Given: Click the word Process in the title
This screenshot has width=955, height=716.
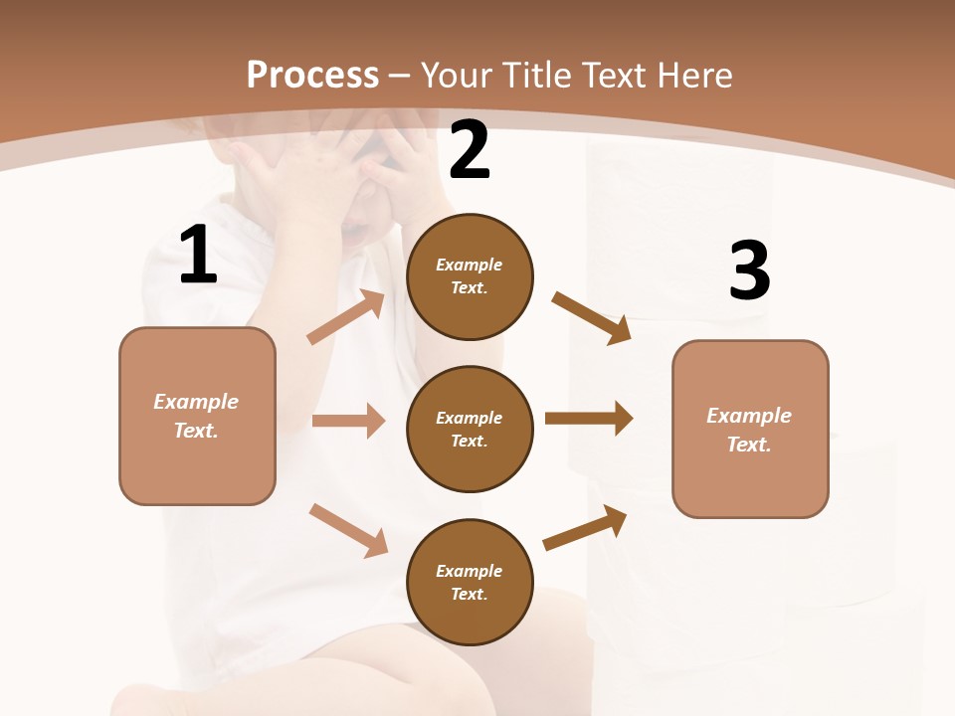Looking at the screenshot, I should click(312, 76).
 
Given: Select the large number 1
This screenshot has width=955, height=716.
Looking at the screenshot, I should click(198, 256).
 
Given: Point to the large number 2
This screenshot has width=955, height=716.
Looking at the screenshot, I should click(470, 151).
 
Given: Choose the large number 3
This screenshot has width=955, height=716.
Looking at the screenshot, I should click(749, 271).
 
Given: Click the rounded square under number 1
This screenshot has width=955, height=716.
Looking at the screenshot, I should click(197, 416).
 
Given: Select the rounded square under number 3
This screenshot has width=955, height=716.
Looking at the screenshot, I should click(750, 430).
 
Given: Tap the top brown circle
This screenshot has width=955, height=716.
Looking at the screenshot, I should click(470, 276).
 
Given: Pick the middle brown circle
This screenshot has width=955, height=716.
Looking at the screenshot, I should click(470, 430).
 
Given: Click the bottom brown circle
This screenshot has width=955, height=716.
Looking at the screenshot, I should click(470, 583).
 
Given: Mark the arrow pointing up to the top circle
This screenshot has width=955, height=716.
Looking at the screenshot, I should click(346, 317).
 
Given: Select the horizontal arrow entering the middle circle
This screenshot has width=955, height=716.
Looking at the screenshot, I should click(348, 421).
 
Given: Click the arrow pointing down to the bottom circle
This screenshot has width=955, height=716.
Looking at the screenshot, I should click(348, 530).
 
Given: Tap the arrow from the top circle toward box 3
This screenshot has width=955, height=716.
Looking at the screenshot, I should click(592, 318).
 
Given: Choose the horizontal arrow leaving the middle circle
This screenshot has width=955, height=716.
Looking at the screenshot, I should click(589, 419).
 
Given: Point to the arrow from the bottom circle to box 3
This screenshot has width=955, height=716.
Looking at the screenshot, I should click(585, 527).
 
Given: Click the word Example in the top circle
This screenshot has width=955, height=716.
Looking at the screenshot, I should click(470, 266).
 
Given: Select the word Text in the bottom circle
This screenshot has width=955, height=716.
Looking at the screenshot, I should click(468, 594).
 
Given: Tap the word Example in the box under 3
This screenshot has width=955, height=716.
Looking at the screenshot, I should click(749, 416).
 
